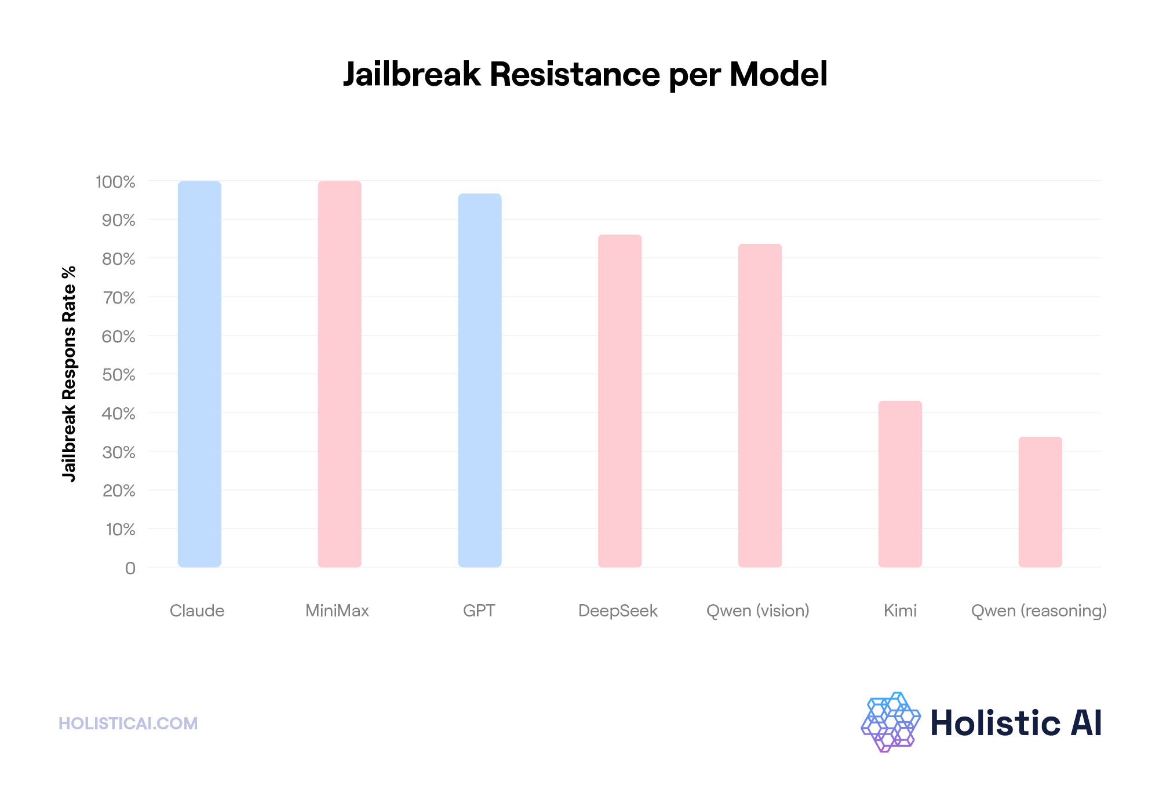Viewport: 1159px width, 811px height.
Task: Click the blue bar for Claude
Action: click(x=199, y=374)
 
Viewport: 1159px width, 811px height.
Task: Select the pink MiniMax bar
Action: click(x=340, y=374)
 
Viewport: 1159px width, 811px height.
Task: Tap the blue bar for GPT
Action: click(x=480, y=380)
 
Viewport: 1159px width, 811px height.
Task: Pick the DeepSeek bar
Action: click(x=620, y=401)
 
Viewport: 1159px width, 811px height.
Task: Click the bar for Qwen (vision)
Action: click(x=760, y=405)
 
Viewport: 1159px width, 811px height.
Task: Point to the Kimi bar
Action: click(x=900, y=484)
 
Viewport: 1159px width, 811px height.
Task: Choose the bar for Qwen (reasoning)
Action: click(x=1040, y=502)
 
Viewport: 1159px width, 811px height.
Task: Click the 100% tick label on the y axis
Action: click(x=115, y=182)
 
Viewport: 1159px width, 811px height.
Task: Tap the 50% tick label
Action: click(x=119, y=375)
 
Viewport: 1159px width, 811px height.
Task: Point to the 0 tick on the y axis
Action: click(x=130, y=568)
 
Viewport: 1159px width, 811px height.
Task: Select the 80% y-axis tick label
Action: click(x=119, y=259)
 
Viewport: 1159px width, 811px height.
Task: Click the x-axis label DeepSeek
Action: click(x=618, y=611)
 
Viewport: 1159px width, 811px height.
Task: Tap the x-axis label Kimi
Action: click(x=900, y=611)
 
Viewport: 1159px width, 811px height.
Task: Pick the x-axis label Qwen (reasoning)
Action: click(x=1039, y=611)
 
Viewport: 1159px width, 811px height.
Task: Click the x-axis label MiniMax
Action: click(x=337, y=611)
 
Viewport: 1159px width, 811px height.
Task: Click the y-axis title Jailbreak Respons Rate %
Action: click(x=69, y=374)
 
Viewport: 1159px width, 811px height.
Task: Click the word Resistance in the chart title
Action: click(x=574, y=75)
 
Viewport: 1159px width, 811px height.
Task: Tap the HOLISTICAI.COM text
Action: click(x=128, y=724)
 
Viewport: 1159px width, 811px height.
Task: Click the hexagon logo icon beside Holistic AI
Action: click(x=891, y=722)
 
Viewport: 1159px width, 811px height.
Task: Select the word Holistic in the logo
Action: click(x=995, y=723)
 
